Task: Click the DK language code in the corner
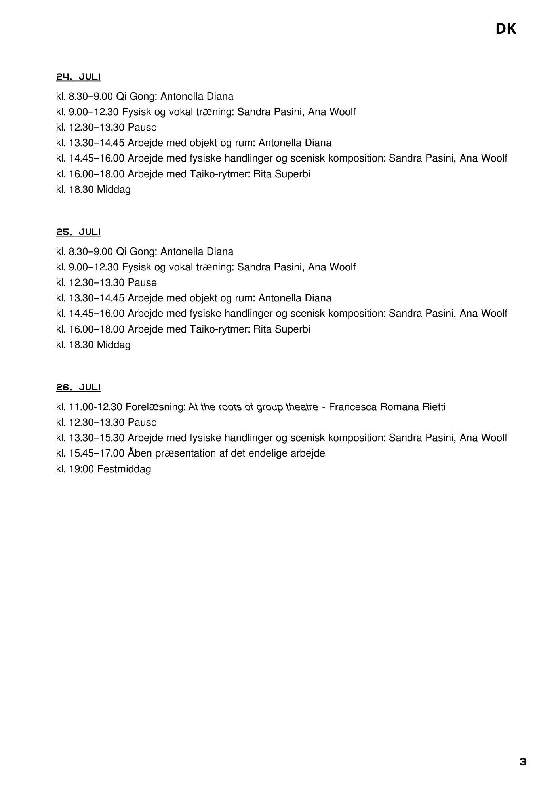(x=506, y=29)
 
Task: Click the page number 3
(x=523, y=762)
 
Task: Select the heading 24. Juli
(x=78, y=77)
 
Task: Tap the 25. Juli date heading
(x=78, y=232)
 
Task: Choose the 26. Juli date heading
(x=78, y=387)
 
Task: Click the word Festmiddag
(x=124, y=469)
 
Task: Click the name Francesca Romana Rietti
(x=387, y=407)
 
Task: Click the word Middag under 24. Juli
(x=114, y=190)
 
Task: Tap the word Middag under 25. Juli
(x=114, y=345)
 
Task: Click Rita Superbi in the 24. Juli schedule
(x=282, y=174)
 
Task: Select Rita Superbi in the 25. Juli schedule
(x=282, y=329)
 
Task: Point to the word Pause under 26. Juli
(x=142, y=422)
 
